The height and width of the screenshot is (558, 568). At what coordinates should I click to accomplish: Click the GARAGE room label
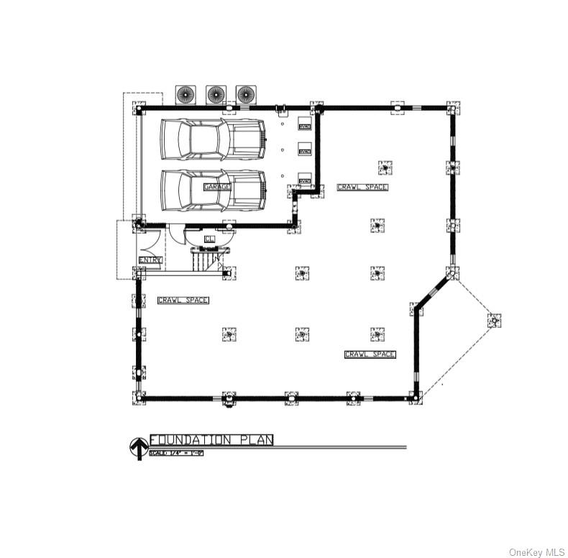pos(217,187)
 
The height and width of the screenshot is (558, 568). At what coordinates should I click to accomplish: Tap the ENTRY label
pos(150,260)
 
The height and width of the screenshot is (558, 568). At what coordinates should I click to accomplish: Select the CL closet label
pos(209,239)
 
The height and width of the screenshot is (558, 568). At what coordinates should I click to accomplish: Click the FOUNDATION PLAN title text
pos(211,440)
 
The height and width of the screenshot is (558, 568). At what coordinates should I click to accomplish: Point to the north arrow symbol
pos(137,448)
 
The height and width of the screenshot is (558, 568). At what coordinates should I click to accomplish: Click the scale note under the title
pos(176,453)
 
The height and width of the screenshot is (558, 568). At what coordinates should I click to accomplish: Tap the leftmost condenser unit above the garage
pos(185,94)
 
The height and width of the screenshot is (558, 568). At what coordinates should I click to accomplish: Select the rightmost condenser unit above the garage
pos(246,94)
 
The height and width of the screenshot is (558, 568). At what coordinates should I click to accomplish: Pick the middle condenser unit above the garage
pos(216,94)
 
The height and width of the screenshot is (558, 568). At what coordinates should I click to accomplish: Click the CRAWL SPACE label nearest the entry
pos(183,300)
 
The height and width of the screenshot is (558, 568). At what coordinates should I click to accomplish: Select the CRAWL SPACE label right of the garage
pos(362,187)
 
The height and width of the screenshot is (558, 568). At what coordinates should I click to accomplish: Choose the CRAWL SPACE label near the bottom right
pos(370,355)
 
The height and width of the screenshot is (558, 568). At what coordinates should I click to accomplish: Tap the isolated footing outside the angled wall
pos(493,320)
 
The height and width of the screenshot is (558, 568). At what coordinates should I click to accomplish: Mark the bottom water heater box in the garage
pos(304,181)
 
